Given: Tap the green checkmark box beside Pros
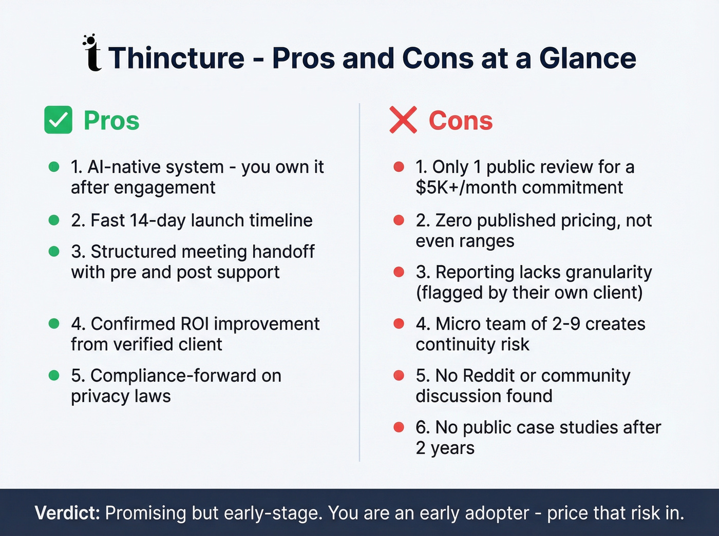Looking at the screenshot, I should click(x=58, y=120).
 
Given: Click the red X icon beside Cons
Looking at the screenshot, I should click(x=403, y=120).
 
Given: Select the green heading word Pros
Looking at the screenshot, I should click(x=111, y=121).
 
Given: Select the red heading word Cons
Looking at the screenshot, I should click(x=461, y=121).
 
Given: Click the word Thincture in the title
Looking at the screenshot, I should click(x=176, y=58).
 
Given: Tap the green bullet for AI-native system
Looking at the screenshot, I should click(x=54, y=167).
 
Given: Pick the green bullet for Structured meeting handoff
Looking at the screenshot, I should click(x=54, y=251).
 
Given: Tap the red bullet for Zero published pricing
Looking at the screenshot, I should click(x=399, y=220).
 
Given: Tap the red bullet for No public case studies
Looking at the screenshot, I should click(x=399, y=427).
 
